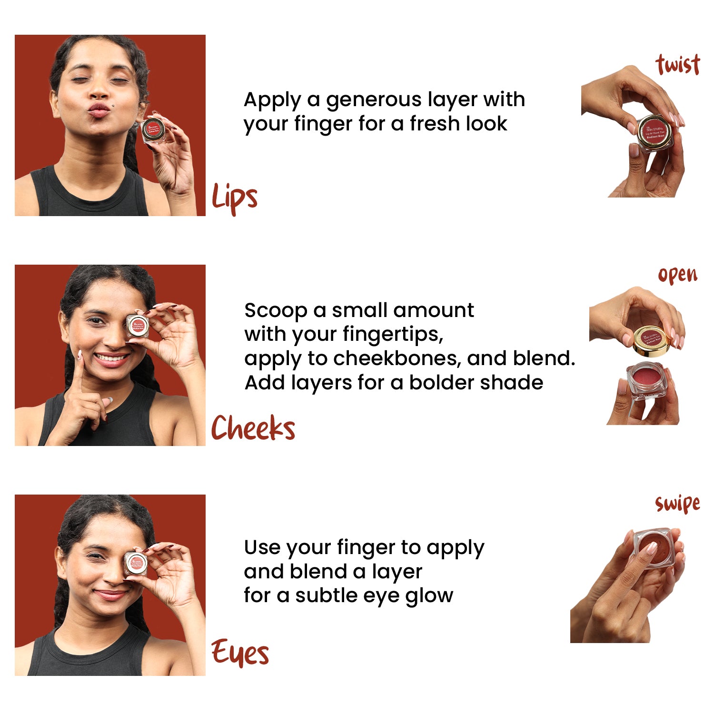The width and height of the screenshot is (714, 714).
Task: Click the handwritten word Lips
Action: coord(234,197)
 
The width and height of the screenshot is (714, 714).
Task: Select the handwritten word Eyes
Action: coord(240,653)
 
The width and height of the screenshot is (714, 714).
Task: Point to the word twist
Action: coord(678,65)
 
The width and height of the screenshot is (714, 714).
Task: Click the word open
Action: coord(677,275)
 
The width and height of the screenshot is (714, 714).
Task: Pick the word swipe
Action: coord(677,504)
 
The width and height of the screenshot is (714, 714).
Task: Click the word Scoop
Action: coord(275,310)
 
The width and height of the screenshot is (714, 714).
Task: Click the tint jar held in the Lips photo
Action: coord(153,129)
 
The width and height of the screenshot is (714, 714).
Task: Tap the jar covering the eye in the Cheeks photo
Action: coord(138,326)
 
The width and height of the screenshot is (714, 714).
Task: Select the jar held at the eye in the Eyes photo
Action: coord(136,564)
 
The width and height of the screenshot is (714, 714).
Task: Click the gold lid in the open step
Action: coord(652,340)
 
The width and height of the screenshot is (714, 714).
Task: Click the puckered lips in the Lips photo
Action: coord(99,110)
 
